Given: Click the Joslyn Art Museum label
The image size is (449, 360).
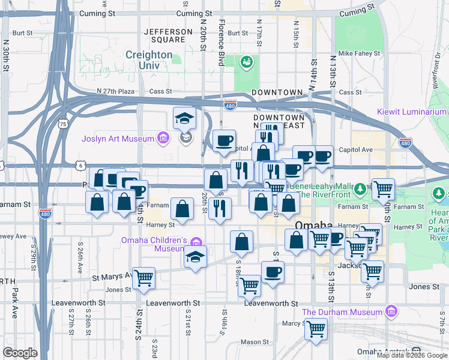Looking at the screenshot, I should tap(118, 139).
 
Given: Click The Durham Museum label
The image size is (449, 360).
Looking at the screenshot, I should tap(342, 312).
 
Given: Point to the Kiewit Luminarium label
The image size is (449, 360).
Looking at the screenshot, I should tap(412, 112).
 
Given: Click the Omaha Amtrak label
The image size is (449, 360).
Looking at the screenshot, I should tap(383, 352).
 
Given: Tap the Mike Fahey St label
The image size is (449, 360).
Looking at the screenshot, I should tap(359, 53).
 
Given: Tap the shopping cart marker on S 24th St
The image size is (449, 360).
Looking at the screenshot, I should tap(143, 278).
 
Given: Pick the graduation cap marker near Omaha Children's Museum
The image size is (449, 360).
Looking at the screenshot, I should tap(195, 257).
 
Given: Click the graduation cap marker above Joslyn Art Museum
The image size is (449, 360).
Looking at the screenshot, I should tap(185, 118).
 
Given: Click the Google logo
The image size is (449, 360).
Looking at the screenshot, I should tap(20, 353).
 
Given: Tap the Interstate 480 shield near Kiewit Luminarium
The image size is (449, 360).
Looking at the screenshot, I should tap(405, 142).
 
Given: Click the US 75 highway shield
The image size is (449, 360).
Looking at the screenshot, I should tap(62, 124).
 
